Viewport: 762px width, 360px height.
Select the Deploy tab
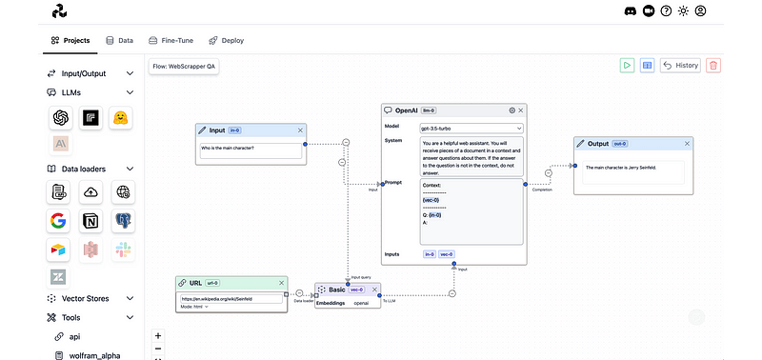[226, 41]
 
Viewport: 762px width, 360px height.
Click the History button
[681, 66]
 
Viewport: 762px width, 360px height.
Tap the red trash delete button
[713, 66]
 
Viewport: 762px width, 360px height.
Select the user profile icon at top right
[701, 11]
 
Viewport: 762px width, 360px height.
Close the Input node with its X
[300, 130]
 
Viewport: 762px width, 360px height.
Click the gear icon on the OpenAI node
[511, 110]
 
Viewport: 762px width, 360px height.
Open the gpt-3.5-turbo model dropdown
[471, 127]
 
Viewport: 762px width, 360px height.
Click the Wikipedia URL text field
[231, 298]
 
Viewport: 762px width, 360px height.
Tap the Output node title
[597, 144]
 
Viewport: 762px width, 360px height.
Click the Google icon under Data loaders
[59, 221]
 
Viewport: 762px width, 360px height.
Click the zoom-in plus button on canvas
[158, 335]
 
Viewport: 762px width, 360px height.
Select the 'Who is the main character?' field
[251, 150]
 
